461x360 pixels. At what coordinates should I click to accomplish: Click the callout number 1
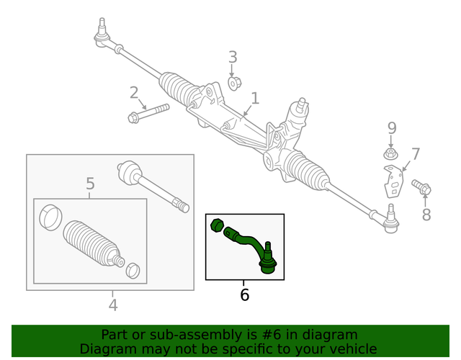pos(254,97)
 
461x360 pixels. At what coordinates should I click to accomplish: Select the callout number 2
pos(134,92)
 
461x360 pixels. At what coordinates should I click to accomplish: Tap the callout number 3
pos(233,57)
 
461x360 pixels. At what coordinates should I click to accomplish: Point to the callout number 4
pos(112,305)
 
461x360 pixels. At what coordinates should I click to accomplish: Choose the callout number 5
pos(90,184)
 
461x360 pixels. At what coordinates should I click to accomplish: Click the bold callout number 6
pos(244,294)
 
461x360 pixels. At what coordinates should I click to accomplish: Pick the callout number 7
pos(415,153)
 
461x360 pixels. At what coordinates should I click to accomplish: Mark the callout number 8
pos(426,214)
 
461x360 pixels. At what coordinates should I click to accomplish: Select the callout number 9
pos(392,128)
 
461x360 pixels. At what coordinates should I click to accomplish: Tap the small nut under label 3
pos(234,84)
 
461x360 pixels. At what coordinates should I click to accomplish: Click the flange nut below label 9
pos(389,154)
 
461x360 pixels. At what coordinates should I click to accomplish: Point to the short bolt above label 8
pos(422,188)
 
